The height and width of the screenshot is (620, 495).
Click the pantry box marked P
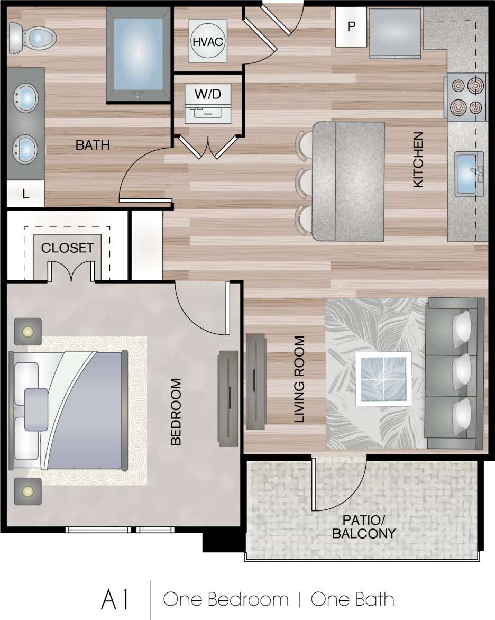pos(351,26)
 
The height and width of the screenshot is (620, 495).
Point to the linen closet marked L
pos(25,194)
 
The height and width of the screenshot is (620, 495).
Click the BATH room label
pos(93,145)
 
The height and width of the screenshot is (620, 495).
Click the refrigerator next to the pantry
pos(395,33)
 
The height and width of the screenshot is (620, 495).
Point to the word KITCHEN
pos(418,160)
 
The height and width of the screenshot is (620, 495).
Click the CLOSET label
pos(68,248)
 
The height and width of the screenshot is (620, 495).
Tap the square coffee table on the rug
pos(384,378)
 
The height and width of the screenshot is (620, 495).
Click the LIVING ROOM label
pos(300,379)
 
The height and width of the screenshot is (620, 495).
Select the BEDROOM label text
pos(176,412)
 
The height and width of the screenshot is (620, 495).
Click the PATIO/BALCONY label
pos(363,527)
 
